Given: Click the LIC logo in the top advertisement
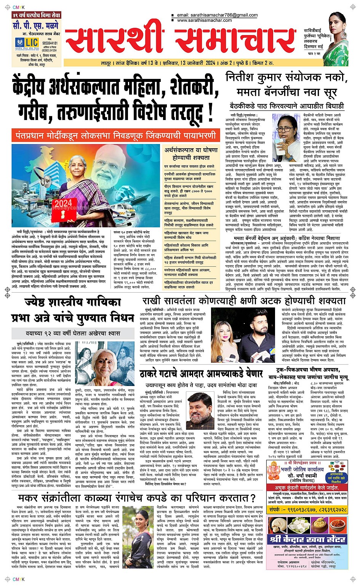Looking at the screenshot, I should (27, 43).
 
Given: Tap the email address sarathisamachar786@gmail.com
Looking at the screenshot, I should (217, 15).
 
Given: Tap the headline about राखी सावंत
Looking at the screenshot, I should (244, 301).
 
